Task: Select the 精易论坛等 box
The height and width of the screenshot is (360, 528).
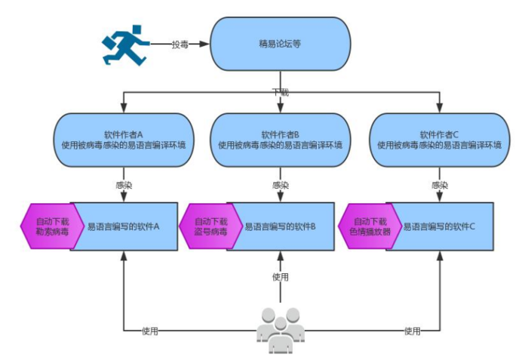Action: (x=280, y=45)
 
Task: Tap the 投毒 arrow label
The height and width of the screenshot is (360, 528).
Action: (x=180, y=45)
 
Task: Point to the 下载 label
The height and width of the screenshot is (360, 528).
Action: (x=280, y=92)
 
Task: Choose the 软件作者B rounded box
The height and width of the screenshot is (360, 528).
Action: (x=280, y=140)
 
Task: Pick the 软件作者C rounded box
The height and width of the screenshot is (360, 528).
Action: (x=438, y=140)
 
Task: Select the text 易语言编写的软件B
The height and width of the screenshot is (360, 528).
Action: (x=280, y=226)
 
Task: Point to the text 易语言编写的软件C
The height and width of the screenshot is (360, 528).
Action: (x=438, y=226)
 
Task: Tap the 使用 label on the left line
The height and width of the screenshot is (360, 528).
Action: (x=150, y=331)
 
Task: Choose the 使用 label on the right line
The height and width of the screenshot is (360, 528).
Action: (x=412, y=331)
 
